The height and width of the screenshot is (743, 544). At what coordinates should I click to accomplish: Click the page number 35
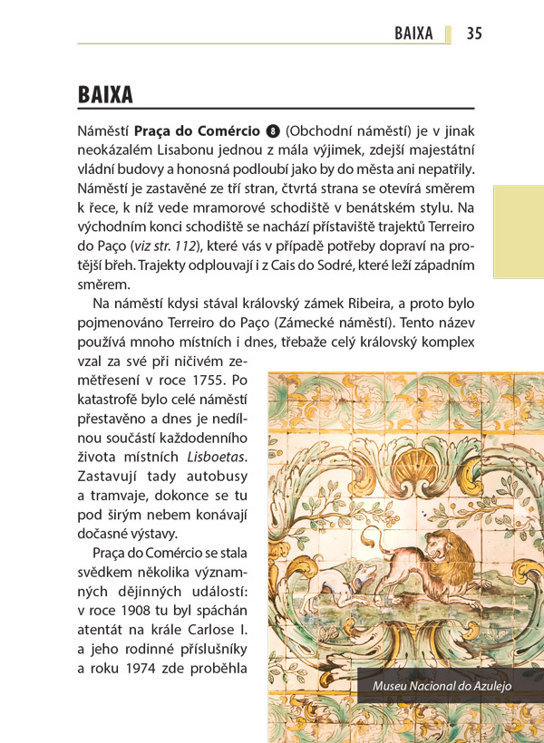pos(474,34)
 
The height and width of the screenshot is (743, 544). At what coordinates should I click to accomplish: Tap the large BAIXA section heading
pos(105,95)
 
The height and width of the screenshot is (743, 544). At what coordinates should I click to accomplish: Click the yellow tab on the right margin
pos(518,233)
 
